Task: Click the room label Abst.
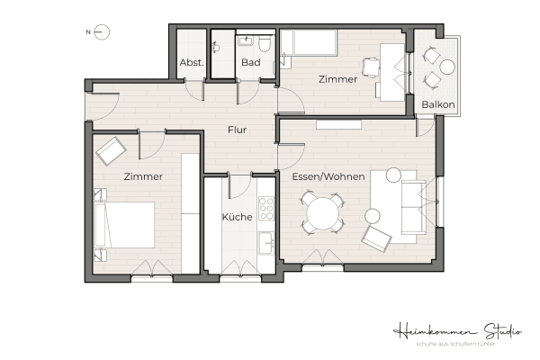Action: [191, 63]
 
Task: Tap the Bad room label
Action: [251, 63]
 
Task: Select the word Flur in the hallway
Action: [238, 130]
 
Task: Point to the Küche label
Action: [237, 217]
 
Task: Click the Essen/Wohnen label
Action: [328, 176]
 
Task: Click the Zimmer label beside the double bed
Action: [143, 177]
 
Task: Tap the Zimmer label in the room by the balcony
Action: [337, 80]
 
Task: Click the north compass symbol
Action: [102, 33]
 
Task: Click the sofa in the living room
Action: [409, 205]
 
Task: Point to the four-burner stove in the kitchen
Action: [265, 209]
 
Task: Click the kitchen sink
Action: [265, 243]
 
